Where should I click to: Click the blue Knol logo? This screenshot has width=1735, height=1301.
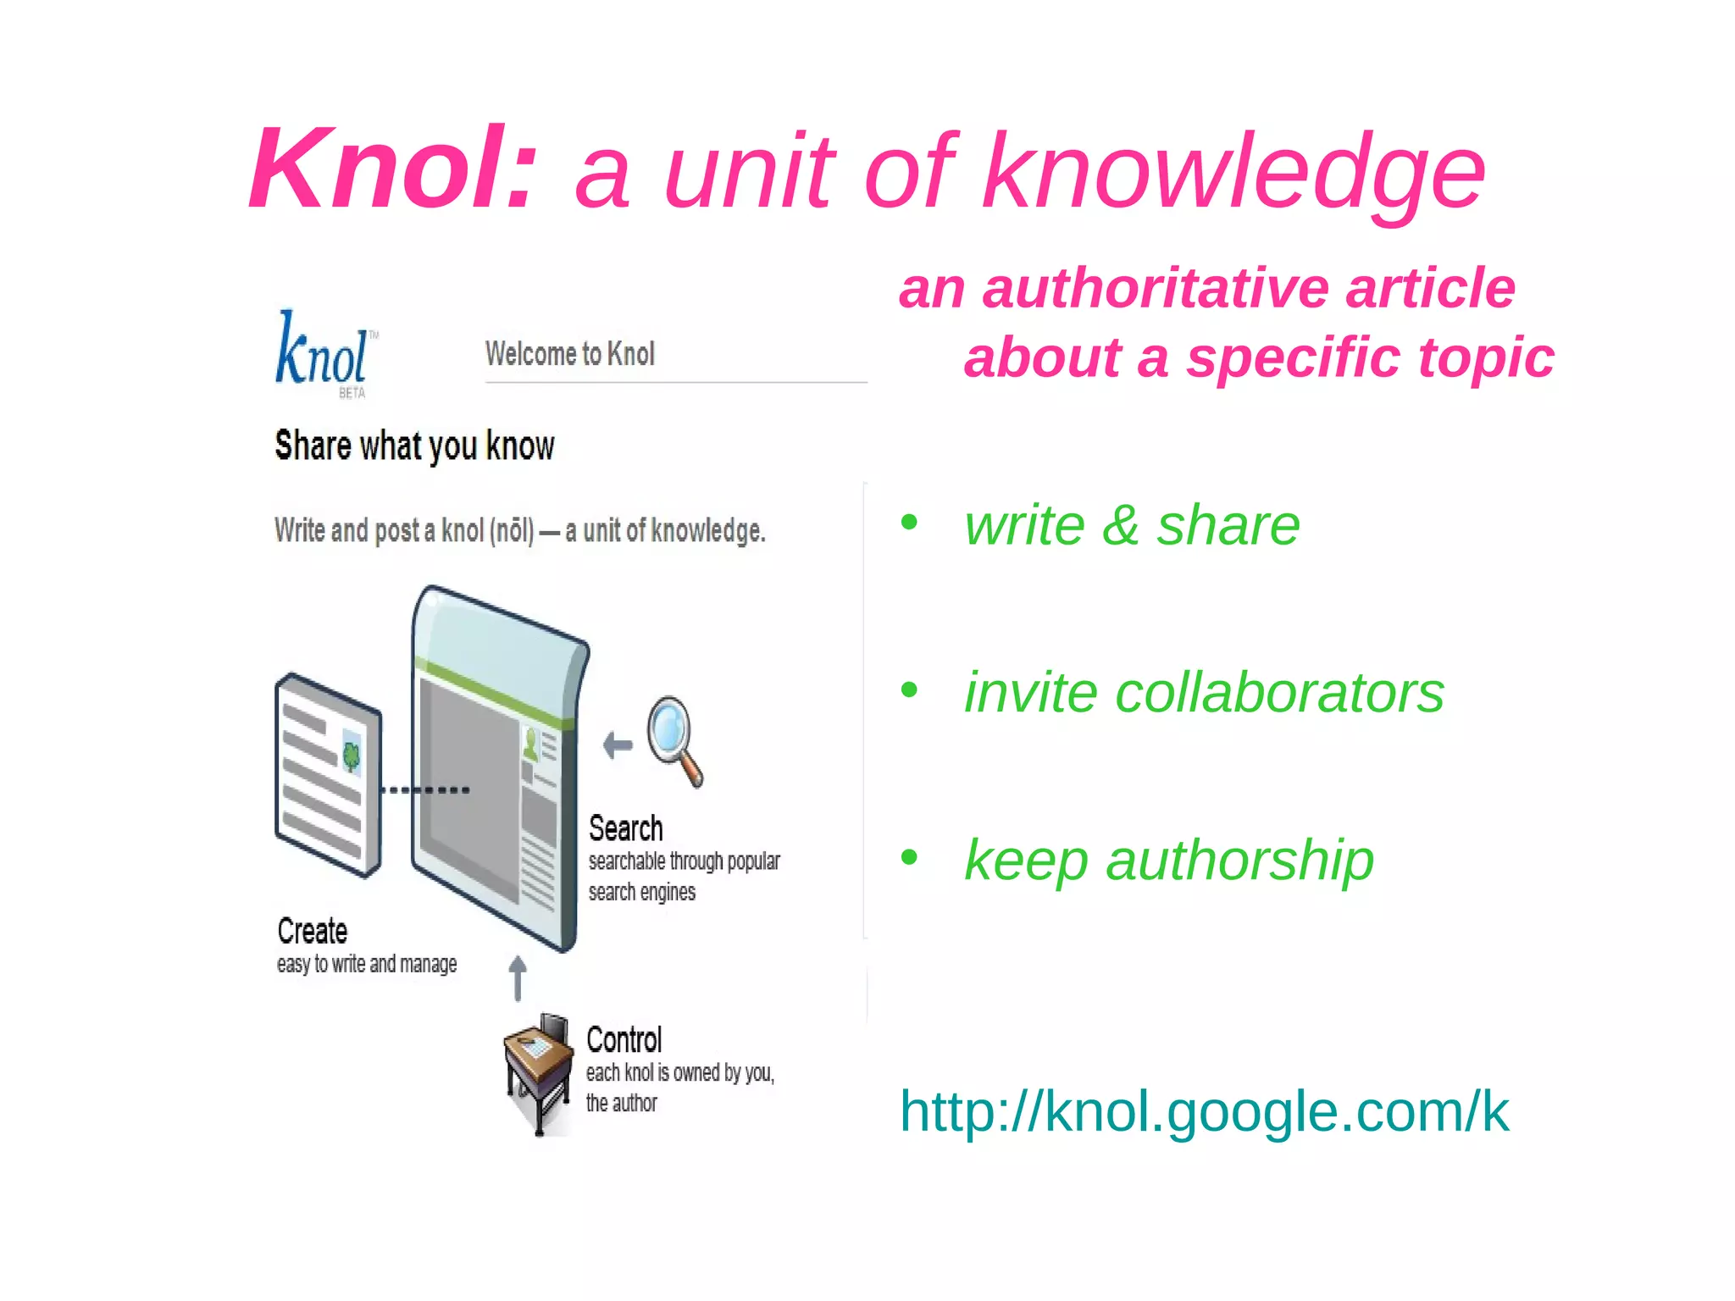pyautogui.click(x=323, y=352)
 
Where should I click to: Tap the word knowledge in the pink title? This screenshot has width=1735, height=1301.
pyautogui.click(x=1233, y=174)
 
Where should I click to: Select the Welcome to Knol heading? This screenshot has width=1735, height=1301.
pyautogui.click(x=569, y=354)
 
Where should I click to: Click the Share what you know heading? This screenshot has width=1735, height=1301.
pyautogui.click(x=414, y=446)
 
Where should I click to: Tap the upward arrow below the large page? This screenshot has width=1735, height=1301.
pyautogui.click(x=518, y=977)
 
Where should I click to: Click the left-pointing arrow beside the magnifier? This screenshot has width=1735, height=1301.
pyautogui.click(x=618, y=745)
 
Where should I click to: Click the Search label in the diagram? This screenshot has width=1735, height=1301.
pyautogui.click(x=625, y=828)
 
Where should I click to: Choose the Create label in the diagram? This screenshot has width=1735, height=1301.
pyautogui.click(x=312, y=931)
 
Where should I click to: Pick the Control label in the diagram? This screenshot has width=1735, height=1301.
pyautogui.click(x=624, y=1039)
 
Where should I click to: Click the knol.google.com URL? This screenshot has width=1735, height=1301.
pyautogui.click(x=1203, y=1111)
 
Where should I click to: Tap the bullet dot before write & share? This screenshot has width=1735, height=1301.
pyautogui.click(x=909, y=522)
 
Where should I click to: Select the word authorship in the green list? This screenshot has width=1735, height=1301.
pyautogui.click(x=1239, y=861)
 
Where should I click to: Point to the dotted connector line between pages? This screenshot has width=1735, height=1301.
pyautogui.click(x=425, y=789)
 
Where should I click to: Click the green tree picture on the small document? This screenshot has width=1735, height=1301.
pyautogui.click(x=351, y=754)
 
